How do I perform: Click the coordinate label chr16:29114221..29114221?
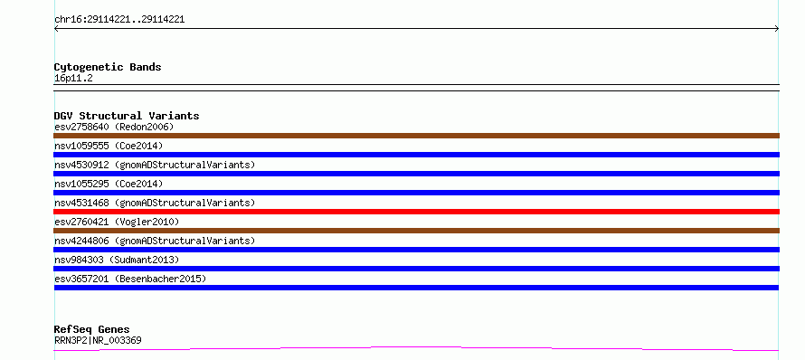pyautogui.click(x=119, y=20)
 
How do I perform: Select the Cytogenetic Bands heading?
pyautogui.click(x=108, y=67)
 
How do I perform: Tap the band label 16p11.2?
pyautogui.click(x=73, y=79)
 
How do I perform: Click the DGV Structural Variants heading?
pyautogui.click(x=127, y=116)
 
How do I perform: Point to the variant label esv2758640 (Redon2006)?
pyautogui.click(x=114, y=127)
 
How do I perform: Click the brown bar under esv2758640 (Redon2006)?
pyautogui.click(x=416, y=136)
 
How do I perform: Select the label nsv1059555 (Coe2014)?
pyautogui.click(x=109, y=146)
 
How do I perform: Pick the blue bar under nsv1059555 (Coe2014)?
pyautogui.click(x=416, y=155)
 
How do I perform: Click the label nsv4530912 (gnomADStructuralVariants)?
pyautogui.click(x=155, y=165)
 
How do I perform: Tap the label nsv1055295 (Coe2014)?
pyautogui.click(x=109, y=184)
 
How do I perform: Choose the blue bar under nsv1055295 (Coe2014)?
pyautogui.click(x=416, y=193)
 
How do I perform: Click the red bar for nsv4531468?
pyautogui.click(x=416, y=212)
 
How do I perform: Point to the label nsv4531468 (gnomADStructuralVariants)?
pyautogui.click(x=155, y=203)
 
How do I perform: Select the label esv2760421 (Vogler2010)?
pyautogui.click(x=117, y=222)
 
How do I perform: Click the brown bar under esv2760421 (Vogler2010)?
pyautogui.click(x=416, y=231)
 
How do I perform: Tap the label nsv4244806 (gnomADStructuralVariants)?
pyautogui.click(x=155, y=241)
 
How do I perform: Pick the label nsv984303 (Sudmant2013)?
pyautogui.click(x=117, y=260)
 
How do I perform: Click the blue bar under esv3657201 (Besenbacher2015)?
pyautogui.click(x=416, y=288)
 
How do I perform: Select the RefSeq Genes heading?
pyautogui.click(x=92, y=330)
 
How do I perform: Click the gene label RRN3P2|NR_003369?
pyautogui.click(x=98, y=340)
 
